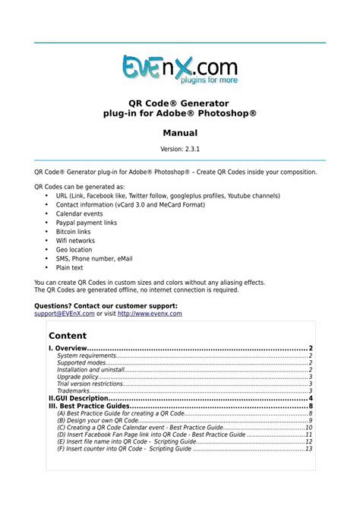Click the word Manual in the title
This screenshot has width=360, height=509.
[x=180, y=132]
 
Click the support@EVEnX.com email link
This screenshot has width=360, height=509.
[x=65, y=313]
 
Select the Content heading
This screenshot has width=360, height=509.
[x=68, y=335]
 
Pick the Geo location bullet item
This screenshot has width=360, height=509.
[x=74, y=249]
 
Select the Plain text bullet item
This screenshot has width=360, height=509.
[x=70, y=267]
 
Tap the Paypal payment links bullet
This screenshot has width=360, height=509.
[x=87, y=223]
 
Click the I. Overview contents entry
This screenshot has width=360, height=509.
[x=71, y=348]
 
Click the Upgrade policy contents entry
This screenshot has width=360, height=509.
[x=77, y=377]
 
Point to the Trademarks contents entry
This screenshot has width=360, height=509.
[x=74, y=391]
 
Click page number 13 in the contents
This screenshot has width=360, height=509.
[x=309, y=448]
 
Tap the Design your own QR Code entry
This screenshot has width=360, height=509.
[x=98, y=420]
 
